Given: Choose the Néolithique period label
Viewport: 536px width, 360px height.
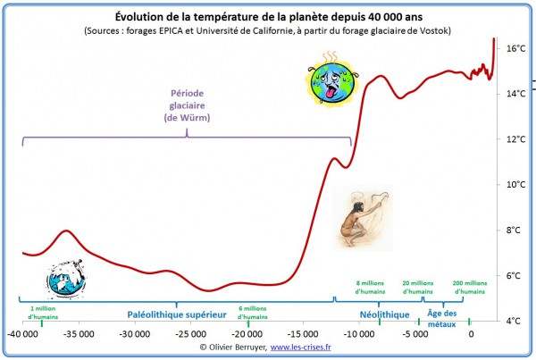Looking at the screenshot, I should pyautogui.click(x=384, y=314).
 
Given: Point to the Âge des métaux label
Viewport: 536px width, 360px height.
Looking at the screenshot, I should pyautogui.click(x=442, y=318).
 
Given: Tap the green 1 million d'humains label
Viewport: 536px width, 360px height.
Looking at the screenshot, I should pyautogui.click(x=42, y=312).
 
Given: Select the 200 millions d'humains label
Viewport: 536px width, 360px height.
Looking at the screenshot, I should pyautogui.click(x=470, y=286).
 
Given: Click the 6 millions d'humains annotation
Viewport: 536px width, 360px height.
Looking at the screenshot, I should pyautogui.click(x=253, y=312).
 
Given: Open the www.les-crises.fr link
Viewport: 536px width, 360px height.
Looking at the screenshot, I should pyautogui.click(x=300, y=347).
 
